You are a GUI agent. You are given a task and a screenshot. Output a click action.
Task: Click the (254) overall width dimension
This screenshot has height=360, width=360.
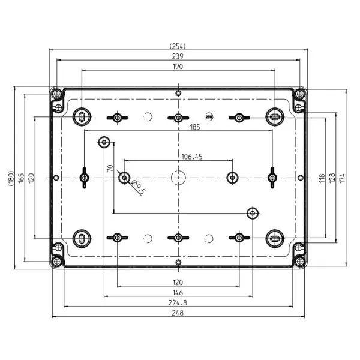pos(178,46)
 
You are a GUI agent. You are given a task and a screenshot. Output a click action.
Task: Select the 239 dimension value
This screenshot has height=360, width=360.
pos(178,56)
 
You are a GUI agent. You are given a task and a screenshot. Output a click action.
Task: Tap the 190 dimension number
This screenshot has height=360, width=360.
pos(178,67)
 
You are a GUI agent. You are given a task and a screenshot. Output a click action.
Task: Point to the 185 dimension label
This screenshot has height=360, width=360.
pos(195,127)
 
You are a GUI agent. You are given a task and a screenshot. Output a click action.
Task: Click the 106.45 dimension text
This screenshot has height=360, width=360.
pos(192,157)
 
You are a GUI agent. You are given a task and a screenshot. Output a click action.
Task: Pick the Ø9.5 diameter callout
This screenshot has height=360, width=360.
pos(138,187)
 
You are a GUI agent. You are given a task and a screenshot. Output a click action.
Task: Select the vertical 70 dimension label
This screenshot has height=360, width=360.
pos(110,168)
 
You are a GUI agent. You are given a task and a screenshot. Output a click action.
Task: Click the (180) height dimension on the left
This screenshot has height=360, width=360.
pos(11,178)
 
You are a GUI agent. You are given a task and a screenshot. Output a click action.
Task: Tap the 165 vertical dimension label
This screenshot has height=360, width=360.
pos(21,178)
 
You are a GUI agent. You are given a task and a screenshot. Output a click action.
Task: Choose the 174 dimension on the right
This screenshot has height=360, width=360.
pos(343,178)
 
